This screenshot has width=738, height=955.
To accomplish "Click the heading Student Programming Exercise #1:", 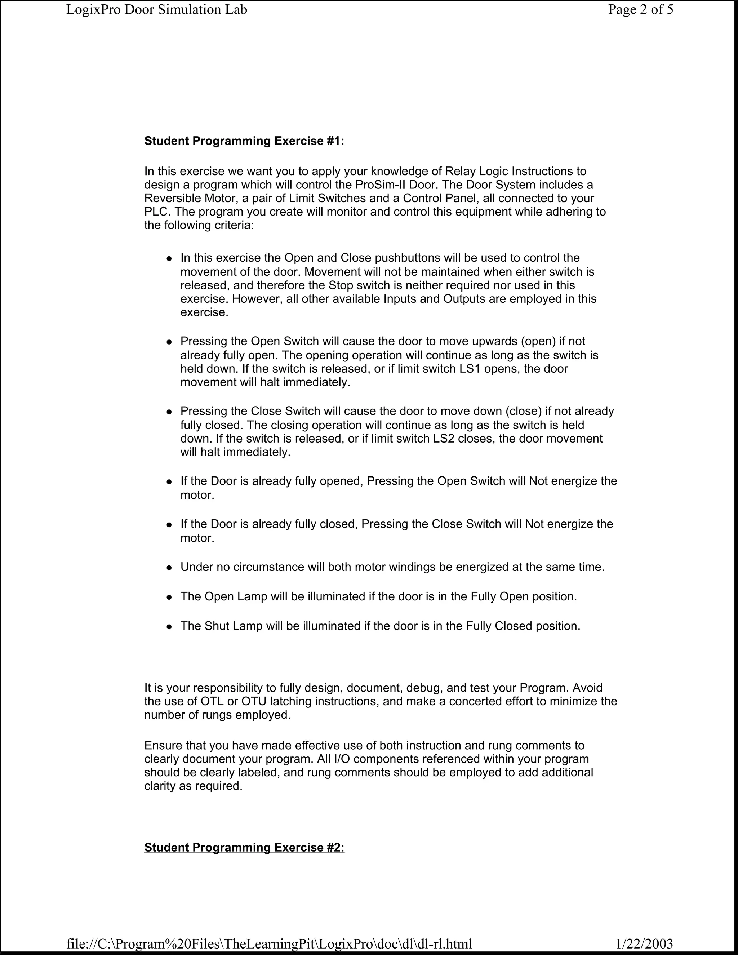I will point(244,141).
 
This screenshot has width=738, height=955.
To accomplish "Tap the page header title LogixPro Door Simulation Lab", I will point(156,10).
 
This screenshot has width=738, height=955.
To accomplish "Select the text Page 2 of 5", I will point(640,10).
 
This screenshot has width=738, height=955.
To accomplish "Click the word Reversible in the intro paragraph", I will point(173,198).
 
